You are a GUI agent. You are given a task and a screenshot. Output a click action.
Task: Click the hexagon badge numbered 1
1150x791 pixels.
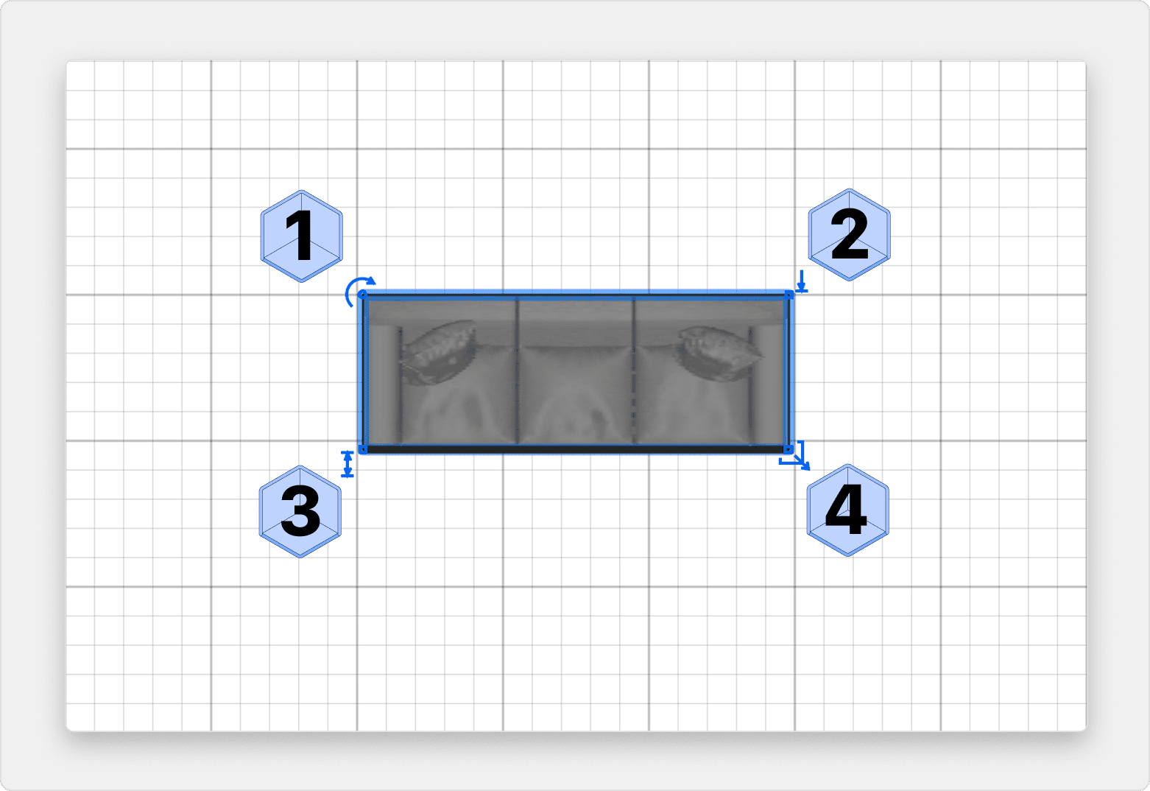click(301, 236)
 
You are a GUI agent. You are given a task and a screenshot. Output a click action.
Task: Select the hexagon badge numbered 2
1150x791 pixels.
click(849, 235)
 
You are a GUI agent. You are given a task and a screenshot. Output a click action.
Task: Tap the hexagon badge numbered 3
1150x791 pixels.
click(300, 512)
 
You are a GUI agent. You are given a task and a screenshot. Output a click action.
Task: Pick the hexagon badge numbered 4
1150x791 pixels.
click(847, 510)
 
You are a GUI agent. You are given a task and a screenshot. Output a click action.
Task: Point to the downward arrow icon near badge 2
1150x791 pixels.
click(802, 281)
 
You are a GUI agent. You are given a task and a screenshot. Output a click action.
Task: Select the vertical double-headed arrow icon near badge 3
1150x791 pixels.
click(348, 464)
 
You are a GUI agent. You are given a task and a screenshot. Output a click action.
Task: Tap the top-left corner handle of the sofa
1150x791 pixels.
click(362, 295)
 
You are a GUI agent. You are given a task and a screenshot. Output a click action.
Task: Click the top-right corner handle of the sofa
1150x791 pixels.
click(789, 295)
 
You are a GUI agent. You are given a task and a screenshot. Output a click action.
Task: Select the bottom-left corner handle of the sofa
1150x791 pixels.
click(362, 450)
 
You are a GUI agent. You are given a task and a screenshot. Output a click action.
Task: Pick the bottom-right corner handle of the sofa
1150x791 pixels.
click(789, 450)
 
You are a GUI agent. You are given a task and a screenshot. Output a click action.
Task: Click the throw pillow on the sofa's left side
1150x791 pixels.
click(438, 352)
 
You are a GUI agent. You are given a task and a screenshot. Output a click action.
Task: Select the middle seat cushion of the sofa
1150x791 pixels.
click(576, 395)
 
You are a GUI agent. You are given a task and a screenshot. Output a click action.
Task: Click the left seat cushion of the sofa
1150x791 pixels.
click(458, 395)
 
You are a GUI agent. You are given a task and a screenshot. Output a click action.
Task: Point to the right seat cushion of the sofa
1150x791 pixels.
click(693, 395)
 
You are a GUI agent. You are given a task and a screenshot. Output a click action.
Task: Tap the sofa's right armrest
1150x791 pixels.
click(767, 385)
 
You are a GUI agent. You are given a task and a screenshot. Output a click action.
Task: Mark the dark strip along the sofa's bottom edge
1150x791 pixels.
click(576, 449)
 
